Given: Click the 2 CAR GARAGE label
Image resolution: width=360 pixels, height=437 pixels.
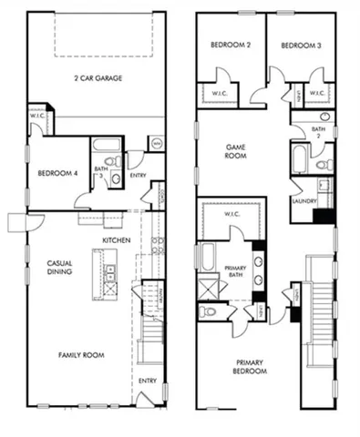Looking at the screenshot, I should click(98, 78).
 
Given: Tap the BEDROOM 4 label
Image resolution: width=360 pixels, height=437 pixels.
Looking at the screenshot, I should click(56, 172).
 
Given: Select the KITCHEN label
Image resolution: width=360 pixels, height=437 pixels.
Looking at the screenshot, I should click(116, 239).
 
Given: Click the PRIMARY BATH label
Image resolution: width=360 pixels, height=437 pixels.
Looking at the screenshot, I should click(236, 270).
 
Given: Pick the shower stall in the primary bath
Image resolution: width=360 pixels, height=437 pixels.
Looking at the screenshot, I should click(209, 289).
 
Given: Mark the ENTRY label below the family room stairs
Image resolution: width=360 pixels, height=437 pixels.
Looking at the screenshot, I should click(147, 381).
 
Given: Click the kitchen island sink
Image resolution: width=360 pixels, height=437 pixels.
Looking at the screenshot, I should click(110, 271).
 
